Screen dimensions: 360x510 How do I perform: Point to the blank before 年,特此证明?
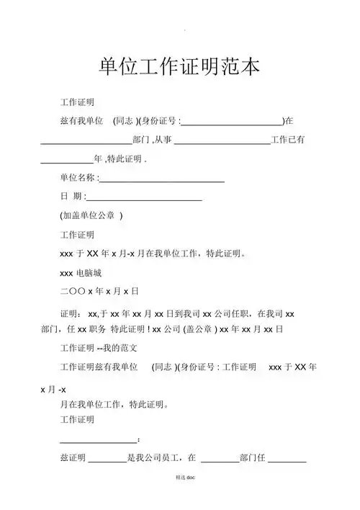coord(67,158)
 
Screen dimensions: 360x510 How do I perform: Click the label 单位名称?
coord(77,178)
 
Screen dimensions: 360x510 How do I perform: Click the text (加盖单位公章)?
coord(91,215)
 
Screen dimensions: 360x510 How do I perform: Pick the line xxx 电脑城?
coord(81,273)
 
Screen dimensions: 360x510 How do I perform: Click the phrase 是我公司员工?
coord(151,457)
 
